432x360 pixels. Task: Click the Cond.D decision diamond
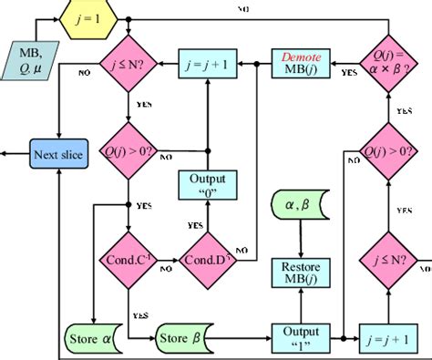point(209,258)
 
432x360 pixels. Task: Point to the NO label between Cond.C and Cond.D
point(167,269)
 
